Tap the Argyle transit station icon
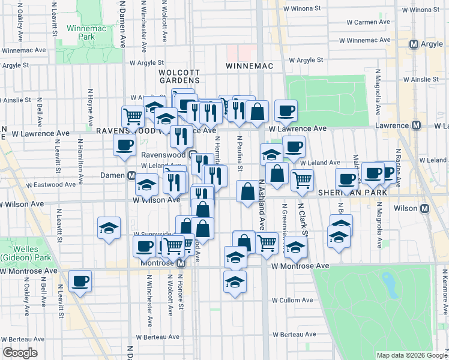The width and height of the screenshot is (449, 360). pyautogui.click(x=414, y=44)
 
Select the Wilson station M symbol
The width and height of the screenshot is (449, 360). pyautogui.click(x=425, y=208)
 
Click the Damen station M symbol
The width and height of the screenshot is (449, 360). pyautogui.click(x=131, y=175)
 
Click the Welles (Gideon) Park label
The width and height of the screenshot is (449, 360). pyautogui.click(x=20, y=253)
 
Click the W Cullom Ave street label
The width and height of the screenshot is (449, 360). pyautogui.click(x=293, y=300)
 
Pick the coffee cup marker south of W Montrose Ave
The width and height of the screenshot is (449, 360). pyautogui.click(x=79, y=281)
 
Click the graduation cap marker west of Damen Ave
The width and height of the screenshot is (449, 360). pyautogui.click(x=109, y=227)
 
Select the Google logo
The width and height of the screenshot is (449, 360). pyautogui.click(x=20, y=353)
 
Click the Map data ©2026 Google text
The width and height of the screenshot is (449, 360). pyautogui.click(x=411, y=355)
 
